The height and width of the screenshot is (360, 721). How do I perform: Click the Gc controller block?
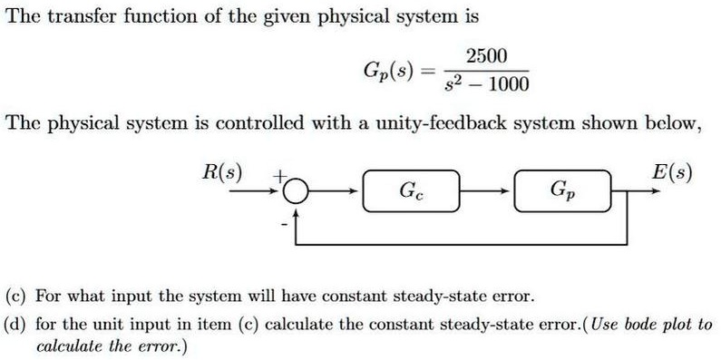tap(413, 190)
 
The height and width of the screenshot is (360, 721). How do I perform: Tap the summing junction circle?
tap(296, 190)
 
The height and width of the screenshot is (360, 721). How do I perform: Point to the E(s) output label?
tap(672, 171)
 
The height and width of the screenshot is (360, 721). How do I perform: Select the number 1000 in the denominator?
tap(505, 86)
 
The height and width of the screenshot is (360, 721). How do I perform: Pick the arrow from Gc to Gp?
tap(490, 190)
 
